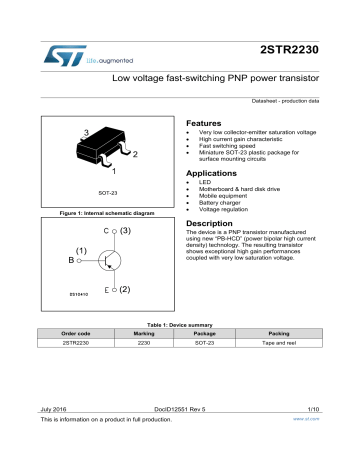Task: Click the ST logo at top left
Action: [63, 54]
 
